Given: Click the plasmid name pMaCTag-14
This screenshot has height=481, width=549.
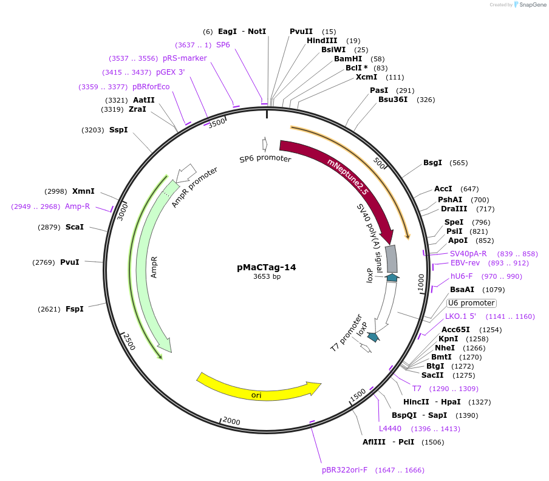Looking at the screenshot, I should click(x=267, y=267).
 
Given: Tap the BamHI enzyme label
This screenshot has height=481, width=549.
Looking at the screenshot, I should click(x=347, y=59).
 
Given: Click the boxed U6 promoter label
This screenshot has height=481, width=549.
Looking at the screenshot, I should click(x=471, y=303).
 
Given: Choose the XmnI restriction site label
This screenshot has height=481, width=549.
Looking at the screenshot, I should click(x=83, y=191).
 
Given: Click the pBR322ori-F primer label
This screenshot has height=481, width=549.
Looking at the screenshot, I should click(x=344, y=470).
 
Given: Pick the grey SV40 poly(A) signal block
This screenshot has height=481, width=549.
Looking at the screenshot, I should click(x=392, y=258).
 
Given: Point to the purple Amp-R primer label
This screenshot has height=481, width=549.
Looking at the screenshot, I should click(x=77, y=206).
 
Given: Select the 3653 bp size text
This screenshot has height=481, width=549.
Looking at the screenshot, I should click(x=267, y=277).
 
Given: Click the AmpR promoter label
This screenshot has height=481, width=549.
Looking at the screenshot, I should click(x=194, y=187).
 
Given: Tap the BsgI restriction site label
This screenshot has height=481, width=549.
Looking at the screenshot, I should click(x=432, y=163).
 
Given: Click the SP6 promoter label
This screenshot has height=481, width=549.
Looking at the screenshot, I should click(x=265, y=159).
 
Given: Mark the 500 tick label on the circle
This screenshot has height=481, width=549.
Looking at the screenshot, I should click(x=379, y=163).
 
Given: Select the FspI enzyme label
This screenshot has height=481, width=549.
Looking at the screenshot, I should click(x=75, y=309).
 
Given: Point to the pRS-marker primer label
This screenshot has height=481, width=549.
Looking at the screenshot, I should click(x=185, y=58).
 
